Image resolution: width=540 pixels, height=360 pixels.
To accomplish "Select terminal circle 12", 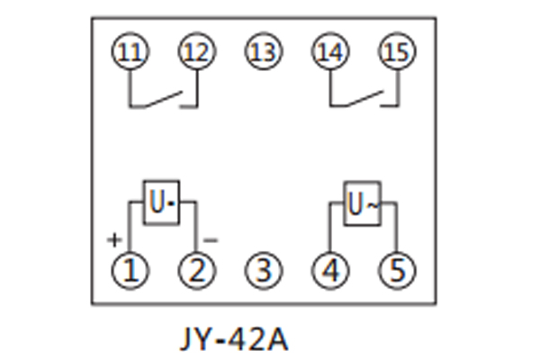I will [x=196, y=52].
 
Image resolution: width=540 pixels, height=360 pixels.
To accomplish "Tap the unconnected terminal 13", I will [x=263, y=52].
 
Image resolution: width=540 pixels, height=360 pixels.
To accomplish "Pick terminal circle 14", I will [x=329, y=52].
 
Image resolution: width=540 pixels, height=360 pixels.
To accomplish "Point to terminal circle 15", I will [x=396, y=52].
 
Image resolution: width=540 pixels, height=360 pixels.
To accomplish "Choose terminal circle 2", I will [x=196, y=268].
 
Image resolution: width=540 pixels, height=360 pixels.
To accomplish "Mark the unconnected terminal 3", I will [x=263, y=268].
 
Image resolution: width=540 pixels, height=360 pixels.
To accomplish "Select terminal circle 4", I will [x=329, y=268].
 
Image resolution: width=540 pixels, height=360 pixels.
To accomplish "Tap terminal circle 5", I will [x=396, y=268].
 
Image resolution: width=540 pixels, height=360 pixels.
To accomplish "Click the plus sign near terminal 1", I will [x=113, y=240].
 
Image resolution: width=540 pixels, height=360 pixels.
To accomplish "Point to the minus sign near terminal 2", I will [x=211, y=240].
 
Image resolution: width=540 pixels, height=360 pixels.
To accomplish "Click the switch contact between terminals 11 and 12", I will [x=164, y=98].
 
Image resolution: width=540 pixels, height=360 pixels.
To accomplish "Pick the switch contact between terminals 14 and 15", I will [x=364, y=98].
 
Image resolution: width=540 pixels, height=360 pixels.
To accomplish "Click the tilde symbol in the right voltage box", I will [x=370, y=206].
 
